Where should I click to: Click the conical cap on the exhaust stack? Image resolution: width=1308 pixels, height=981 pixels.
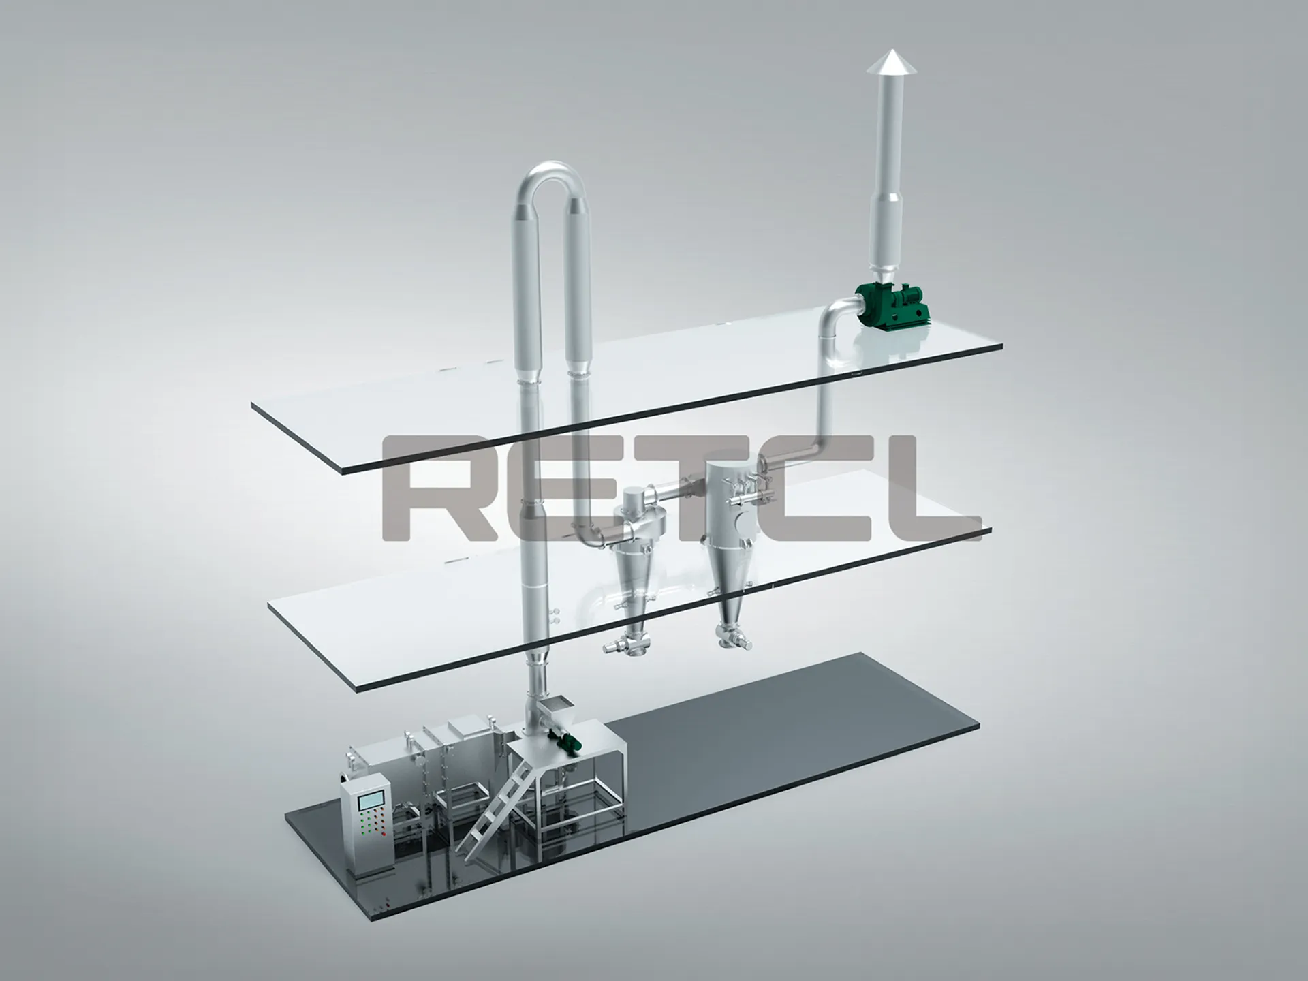point(891,62)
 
